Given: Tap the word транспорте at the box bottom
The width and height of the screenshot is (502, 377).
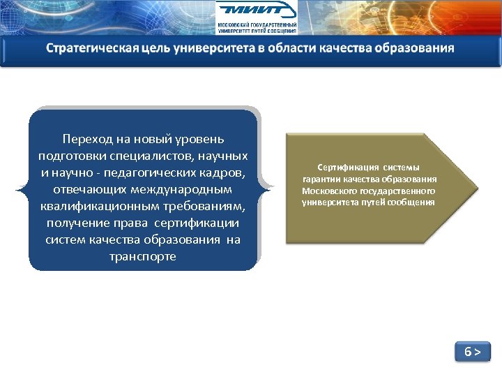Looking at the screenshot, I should (x=143, y=256).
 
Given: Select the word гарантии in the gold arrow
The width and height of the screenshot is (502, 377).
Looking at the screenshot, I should (x=321, y=179).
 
